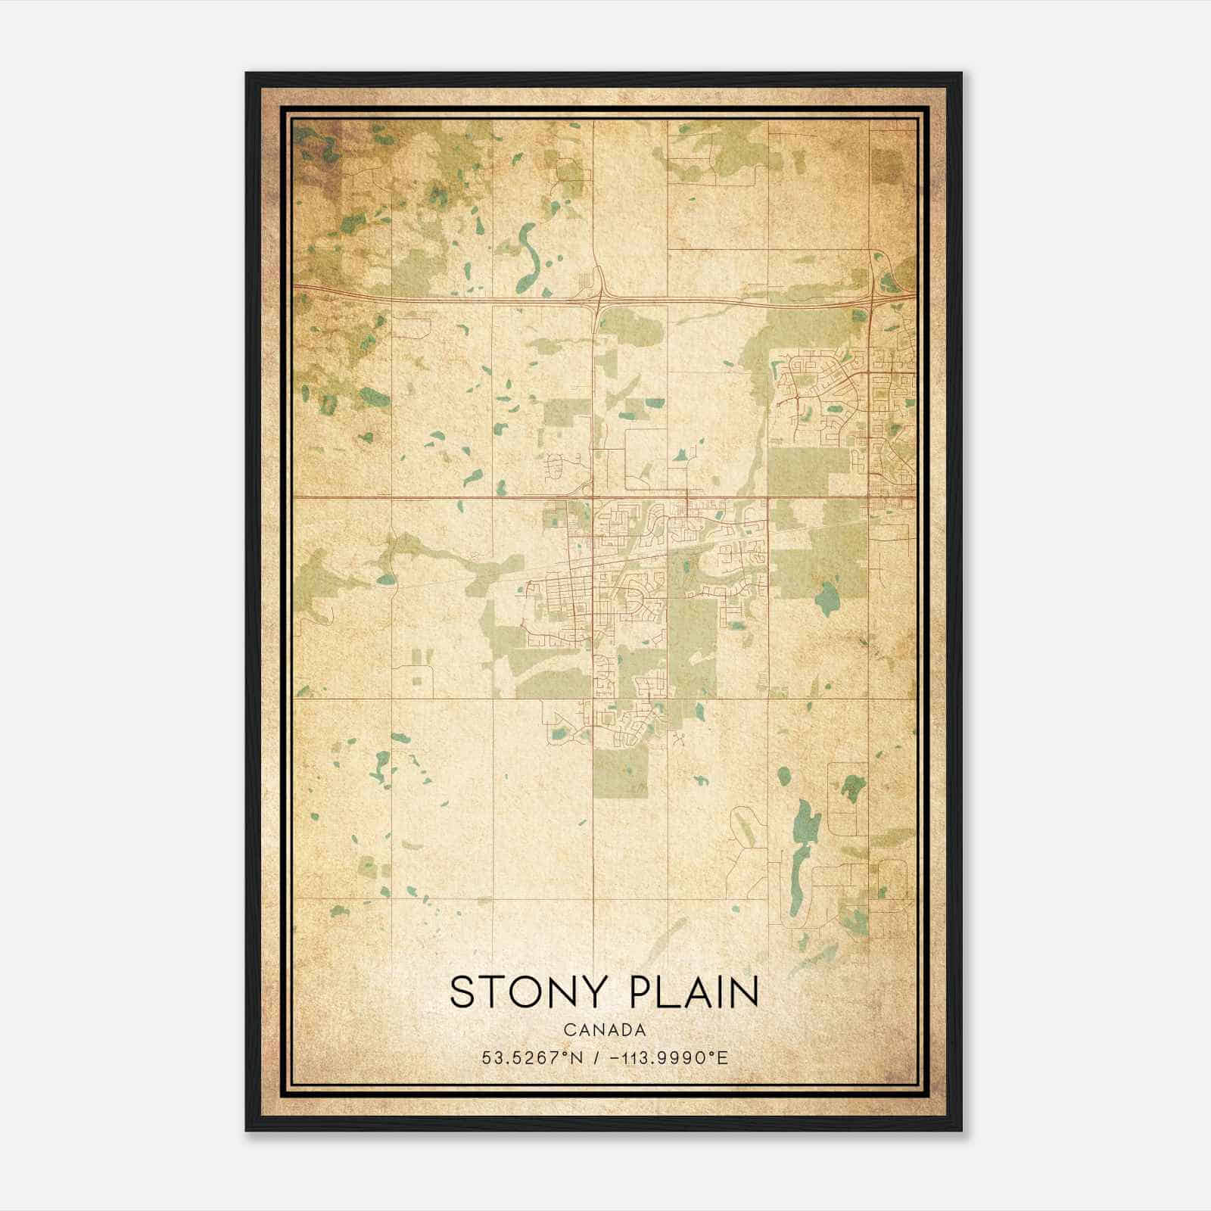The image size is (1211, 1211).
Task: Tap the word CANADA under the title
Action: coord(604,1030)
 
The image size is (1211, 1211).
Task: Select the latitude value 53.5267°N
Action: coord(532,1057)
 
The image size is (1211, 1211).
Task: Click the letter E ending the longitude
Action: coord(724,1057)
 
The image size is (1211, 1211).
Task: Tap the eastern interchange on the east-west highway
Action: coord(873,297)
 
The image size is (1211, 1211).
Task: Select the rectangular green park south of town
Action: coord(620,774)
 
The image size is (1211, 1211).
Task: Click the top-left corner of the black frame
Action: coord(247,73)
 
